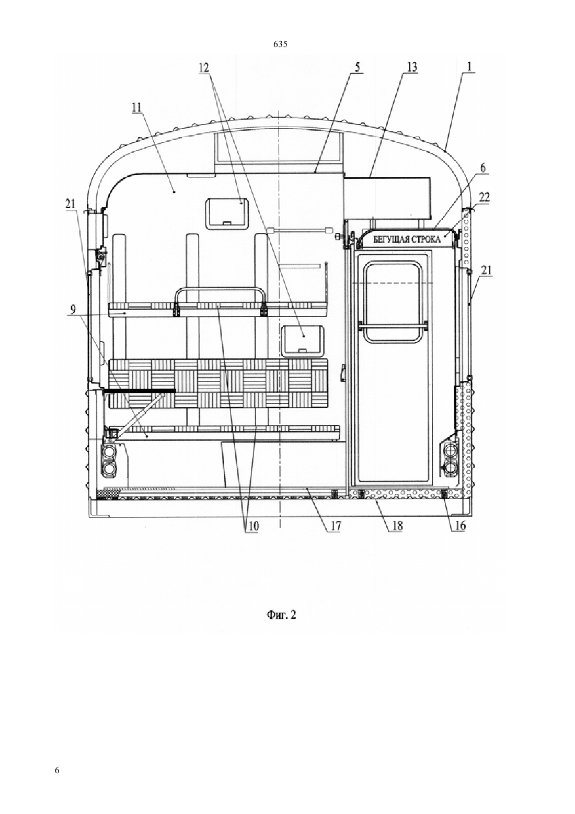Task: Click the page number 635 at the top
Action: click(280, 44)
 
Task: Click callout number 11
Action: click(138, 108)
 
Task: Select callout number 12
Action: click(204, 67)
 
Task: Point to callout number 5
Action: click(357, 67)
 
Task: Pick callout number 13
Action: click(412, 67)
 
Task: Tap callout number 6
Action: click(483, 168)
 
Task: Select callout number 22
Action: click(484, 197)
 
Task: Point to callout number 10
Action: click(252, 527)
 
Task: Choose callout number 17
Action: click(335, 527)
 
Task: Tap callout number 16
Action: click(458, 527)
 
